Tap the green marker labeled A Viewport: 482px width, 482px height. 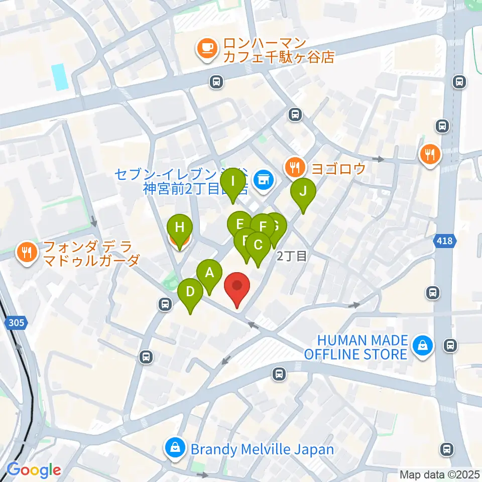pos(210,274)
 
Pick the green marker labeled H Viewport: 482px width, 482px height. pos(179,228)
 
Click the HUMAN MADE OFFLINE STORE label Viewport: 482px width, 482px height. pos(355,347)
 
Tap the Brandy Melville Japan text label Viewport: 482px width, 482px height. pos(262,448)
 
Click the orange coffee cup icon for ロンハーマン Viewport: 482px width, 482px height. pos(206,49)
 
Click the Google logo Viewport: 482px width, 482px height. pos(33,470)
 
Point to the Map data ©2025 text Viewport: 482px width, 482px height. pos(439,474)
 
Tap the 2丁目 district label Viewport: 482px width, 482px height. pos(292,257)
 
